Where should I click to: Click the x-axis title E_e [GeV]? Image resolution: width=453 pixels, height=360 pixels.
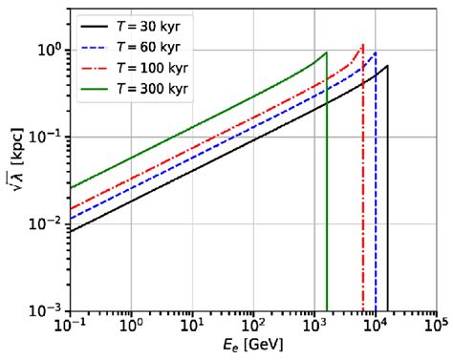[x=254, y=347]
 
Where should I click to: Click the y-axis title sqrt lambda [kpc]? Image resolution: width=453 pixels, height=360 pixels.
[x=13, y=166]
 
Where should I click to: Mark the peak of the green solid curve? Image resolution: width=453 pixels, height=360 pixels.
[x=327, y=53]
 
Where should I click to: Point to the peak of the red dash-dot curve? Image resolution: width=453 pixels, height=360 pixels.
[x=362, y=44]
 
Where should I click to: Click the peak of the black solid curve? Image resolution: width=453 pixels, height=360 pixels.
[x=387, y=66]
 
